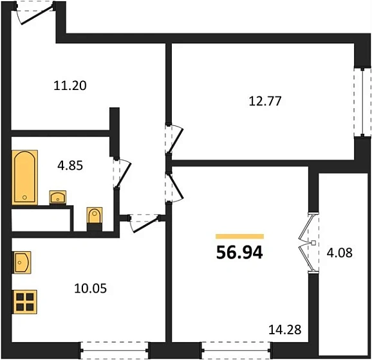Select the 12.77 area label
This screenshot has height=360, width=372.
266,100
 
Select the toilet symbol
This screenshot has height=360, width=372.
95,217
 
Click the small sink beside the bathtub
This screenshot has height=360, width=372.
59,197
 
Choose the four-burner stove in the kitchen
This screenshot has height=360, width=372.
25,301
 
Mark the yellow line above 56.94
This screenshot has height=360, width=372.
239,237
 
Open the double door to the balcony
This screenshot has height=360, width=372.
308,243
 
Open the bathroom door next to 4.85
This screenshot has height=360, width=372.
121,172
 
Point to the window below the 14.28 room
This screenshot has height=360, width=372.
236,352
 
